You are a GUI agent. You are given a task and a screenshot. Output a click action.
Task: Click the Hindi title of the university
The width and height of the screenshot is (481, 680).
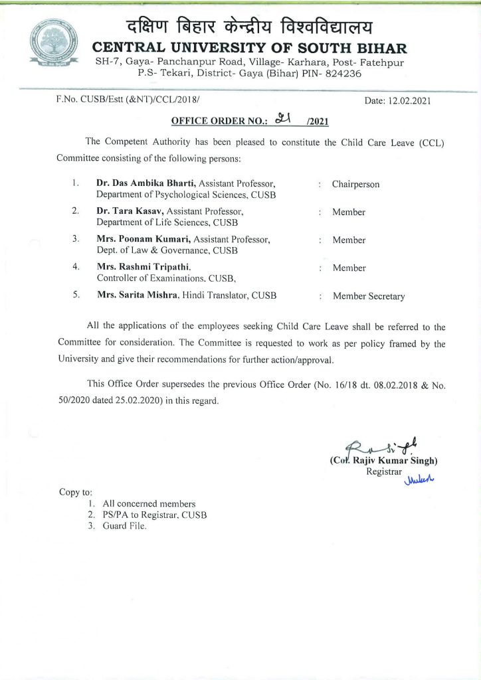click(249, 28)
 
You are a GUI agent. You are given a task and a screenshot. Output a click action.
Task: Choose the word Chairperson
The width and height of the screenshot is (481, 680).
click(355, 184)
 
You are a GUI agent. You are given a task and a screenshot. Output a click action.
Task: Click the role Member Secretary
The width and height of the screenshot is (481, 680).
click(368, 296)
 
